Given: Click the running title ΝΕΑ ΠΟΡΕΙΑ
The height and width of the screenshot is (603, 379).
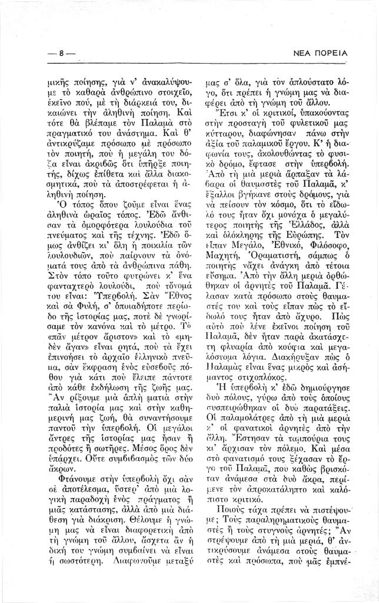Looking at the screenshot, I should pyautogui.click(x=320, y=54).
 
